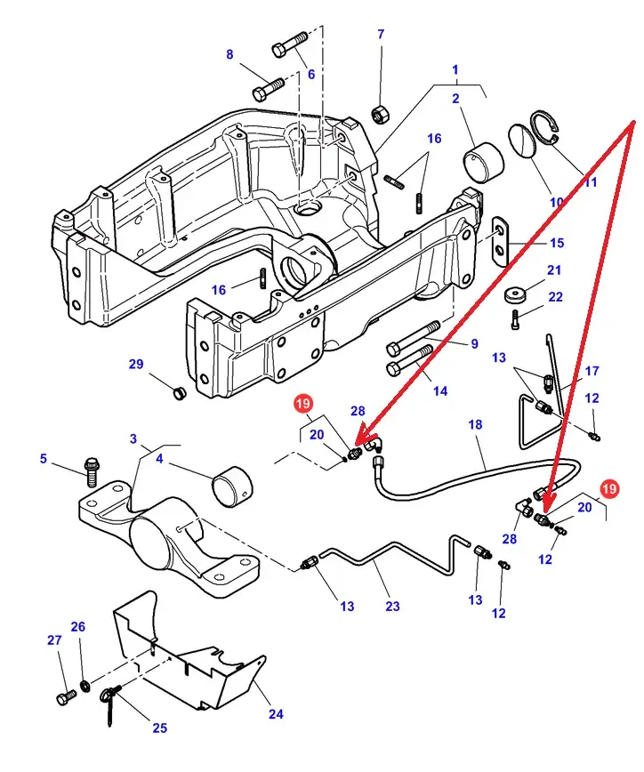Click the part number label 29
135,365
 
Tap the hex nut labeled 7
377,114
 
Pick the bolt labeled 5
91,469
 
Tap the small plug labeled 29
177,393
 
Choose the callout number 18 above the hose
475,425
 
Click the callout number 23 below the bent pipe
392,606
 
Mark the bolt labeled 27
65,697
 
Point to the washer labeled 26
85,685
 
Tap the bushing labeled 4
234,485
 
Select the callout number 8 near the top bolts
229,54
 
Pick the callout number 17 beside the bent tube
592,371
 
